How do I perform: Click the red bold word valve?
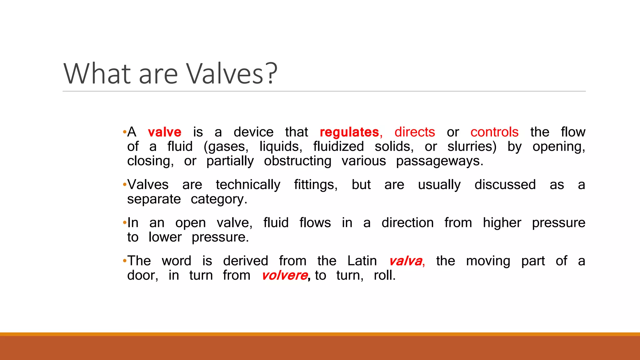click(x=164, y=132)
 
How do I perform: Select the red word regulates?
click(x=349, y=132)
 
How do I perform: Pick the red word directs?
click(x=414, y=132)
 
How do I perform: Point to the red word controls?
click(x=494, y=132)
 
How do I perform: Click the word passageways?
click(x=439, y=161)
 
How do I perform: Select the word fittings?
click(x=315, y=185)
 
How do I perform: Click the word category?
click(x=218, y=199)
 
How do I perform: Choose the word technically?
click(x=248, y=185)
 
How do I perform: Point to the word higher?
click(x=502, y=223)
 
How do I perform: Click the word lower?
click(x=165, y=237)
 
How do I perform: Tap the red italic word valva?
click(x=406, y=261)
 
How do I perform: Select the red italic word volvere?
click(x=285, y=276)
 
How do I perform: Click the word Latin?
click(x=362, y=261)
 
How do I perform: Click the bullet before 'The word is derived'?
click(x=125, y=260)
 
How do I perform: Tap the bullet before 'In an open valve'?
click(x=125, y=222)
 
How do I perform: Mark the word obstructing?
click(x=297, y=161)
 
